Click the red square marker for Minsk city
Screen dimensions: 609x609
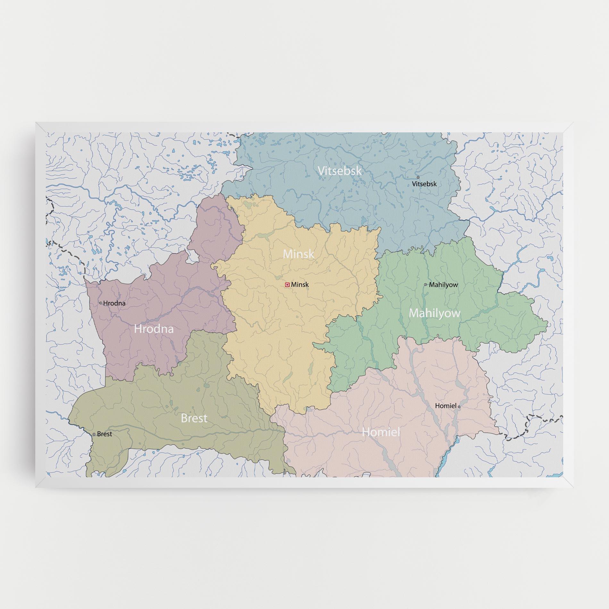point(287,284)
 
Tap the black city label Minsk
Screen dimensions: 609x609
point(300,284)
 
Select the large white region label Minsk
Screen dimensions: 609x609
point(298,254)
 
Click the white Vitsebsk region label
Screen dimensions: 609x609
point(339,171)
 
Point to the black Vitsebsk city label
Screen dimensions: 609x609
point(424,184)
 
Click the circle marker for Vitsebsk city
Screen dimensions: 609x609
point(418,177)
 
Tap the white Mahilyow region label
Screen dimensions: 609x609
point(434,313)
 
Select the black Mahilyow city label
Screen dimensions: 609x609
point(443,285)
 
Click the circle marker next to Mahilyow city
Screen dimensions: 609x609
point(425,284)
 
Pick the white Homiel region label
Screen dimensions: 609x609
point(381,432)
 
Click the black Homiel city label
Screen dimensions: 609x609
point(445,406)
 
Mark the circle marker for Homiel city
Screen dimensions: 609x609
point(459,407)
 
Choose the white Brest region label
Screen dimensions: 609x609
point(194,418)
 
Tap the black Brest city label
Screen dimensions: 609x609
point(104,434)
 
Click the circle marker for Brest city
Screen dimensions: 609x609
point(94,434)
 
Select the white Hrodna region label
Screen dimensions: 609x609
point(154,329)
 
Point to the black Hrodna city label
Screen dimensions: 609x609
point(114,303)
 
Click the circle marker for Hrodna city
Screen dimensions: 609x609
point(101,303)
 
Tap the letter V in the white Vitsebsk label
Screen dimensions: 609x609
point(321,171)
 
